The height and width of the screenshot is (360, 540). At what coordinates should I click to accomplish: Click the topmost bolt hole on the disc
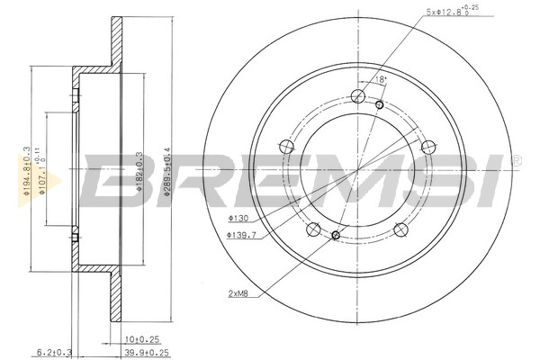(357, 97)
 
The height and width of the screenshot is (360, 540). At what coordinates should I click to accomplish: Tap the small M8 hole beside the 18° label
(380, 105)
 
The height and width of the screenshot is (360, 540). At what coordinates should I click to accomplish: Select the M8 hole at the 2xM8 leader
(335, 236)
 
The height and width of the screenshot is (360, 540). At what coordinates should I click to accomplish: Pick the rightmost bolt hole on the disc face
(427, 146)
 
